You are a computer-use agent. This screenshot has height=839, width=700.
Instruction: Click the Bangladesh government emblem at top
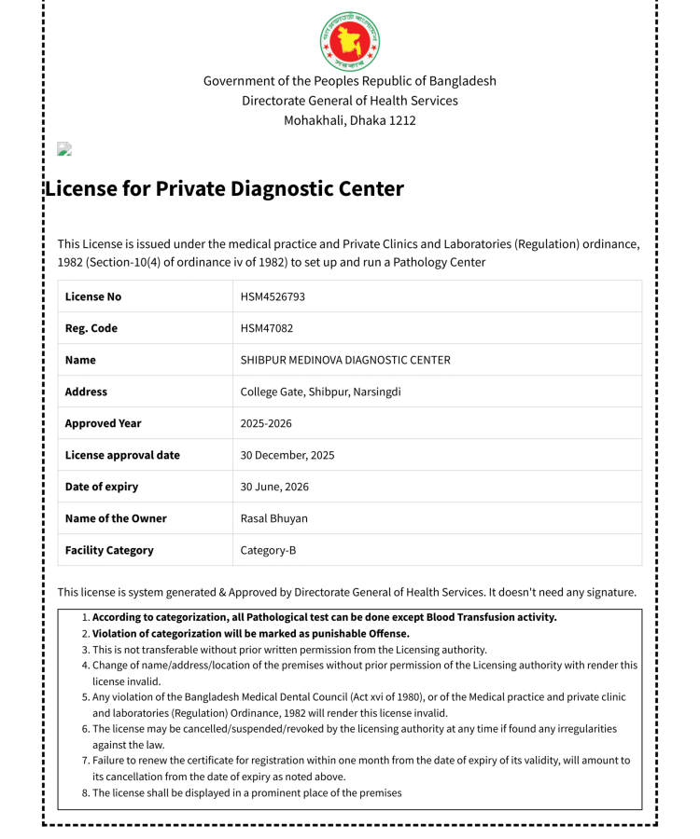pos(350,41)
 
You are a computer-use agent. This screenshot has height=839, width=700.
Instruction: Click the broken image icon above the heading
pos(64,149)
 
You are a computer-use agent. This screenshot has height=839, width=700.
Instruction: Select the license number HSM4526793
pos(273,296)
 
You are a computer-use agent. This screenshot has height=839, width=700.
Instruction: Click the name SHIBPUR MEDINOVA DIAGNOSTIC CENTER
pos(345,360)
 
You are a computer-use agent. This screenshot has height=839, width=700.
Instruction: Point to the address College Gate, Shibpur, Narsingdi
pos(320,392)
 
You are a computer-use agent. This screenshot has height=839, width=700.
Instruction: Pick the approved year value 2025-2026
pos(266,423)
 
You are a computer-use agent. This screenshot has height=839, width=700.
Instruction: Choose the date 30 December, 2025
pos(287,455)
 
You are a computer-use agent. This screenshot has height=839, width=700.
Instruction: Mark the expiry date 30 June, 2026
pos(274,487)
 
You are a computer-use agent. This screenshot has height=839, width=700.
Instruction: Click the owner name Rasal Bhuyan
pos(273,518)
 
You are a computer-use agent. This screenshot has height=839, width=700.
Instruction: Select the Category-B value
pos(268,550)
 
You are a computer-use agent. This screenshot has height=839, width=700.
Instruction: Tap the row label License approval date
pos(122,455)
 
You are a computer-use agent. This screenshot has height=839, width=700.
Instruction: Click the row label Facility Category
pos(109,550)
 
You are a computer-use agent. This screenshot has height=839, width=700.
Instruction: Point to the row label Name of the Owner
pos(116,518)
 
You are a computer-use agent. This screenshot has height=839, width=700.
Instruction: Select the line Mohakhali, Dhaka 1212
pos(350,120)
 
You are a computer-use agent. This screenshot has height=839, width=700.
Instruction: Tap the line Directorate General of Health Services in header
pos(350,101)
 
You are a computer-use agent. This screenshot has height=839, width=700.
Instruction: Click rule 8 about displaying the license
pos(246,792)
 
